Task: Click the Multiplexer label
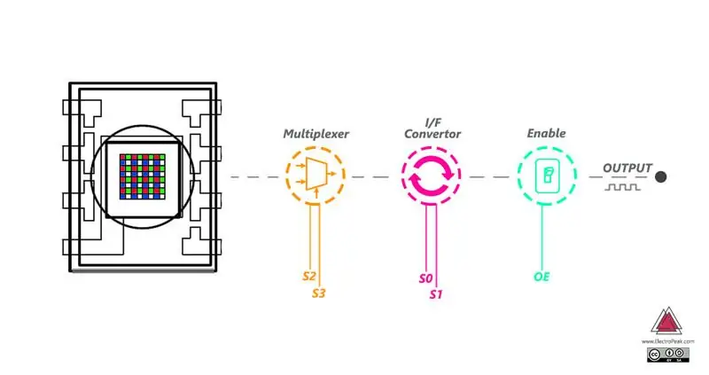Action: pyautogui.click(x=316, y=134)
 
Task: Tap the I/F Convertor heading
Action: pyautogui.click(x=432, y=129)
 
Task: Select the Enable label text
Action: pyautogui.click(x=546, y=133)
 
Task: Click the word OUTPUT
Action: pyautogui.click(x=627, y=168)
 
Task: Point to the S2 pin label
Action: pyautogui.click(x=309, y=276)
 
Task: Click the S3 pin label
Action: pyautogui.click(x=319, y=293)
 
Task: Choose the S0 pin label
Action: pyautogui.click(x=426, y=278)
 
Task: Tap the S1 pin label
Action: pyautogui.click(x=436, y=294)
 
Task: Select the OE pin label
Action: pyautogui.click(x=541, y=277)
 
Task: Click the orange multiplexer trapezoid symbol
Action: pyautogui.click(x=316, y=174)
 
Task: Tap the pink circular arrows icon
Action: pyautogui.click(x=432, y=175)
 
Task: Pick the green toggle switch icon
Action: pyautogui.click(x=547, y=176)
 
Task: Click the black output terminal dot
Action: pyautogui.click(x=660, y=177)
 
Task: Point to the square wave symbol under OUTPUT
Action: pyautogui.click(x=623, y=187)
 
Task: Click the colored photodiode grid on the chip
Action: pyautogui.click(x=143, y=176)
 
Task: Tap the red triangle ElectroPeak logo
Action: pyautogui.click(x=666, y=322)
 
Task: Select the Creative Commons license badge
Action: pyautogui.click(x=668, y=355)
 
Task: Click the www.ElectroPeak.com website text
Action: pyautogui.click(x=667, y=341)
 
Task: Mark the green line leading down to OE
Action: pyautogui.click(x=542, y=237)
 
